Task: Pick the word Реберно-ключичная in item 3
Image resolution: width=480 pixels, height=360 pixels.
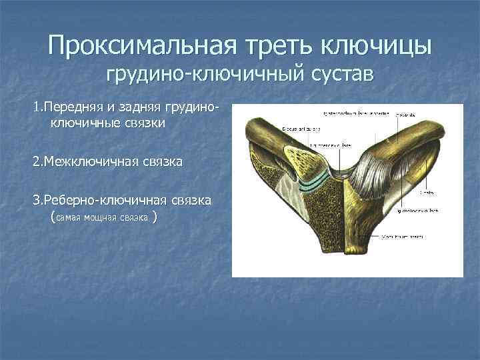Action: tap(104, 200)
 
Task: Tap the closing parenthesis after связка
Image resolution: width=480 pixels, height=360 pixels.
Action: tap(155, 217)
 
